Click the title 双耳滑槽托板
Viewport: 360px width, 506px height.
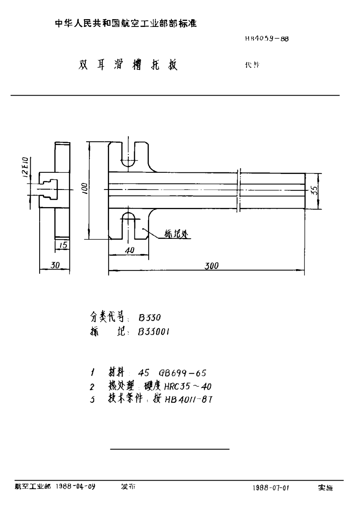click(128, 66)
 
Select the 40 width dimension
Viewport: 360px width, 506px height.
click(130, 251)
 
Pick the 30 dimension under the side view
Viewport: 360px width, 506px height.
click(55, 265)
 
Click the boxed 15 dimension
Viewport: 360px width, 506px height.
click(62, 245)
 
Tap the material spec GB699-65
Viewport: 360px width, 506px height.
click(185, 372)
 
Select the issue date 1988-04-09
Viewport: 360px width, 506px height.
click(76, 486)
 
